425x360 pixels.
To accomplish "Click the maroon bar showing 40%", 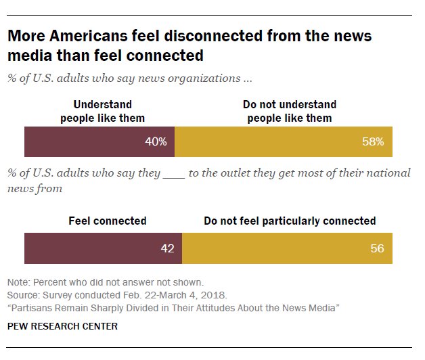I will [x=99, y=142].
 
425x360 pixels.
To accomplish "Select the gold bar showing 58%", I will [x=283, y=142].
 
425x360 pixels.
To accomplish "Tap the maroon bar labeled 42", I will [x=103, y=248].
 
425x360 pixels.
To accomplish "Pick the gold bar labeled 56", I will [x=287, y=248].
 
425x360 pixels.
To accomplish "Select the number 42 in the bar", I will [x=167, y=248].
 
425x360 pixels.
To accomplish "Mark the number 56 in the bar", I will [x=377, y=248].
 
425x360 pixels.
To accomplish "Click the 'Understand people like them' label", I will [x=102, y=112].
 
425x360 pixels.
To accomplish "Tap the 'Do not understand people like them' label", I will [x=290, y=112].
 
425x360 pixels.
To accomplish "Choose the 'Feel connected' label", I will [x=108, y=221].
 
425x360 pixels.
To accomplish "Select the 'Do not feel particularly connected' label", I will [x=290, y=221].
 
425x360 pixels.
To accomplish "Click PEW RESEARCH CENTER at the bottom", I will [x=62, y=326].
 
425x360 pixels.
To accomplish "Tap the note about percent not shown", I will [x=105, y=282].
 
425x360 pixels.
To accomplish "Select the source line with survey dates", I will [x=116, y=295].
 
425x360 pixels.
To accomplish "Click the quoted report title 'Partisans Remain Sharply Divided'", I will [x=173, y=308].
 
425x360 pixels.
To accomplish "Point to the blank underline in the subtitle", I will [x=174, y=173].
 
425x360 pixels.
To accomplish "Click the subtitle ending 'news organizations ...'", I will [x=129, y=78].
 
